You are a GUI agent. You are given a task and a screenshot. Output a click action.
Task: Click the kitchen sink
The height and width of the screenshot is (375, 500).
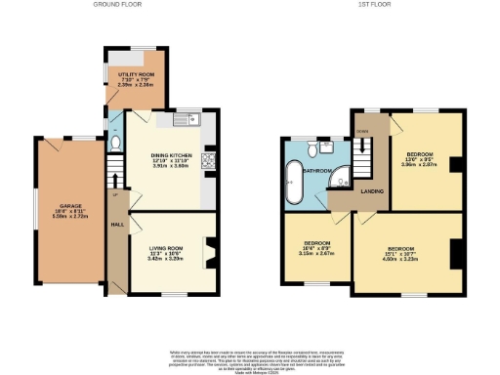(187, 120)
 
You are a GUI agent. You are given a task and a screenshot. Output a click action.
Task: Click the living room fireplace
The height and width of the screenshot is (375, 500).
(206, 252)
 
